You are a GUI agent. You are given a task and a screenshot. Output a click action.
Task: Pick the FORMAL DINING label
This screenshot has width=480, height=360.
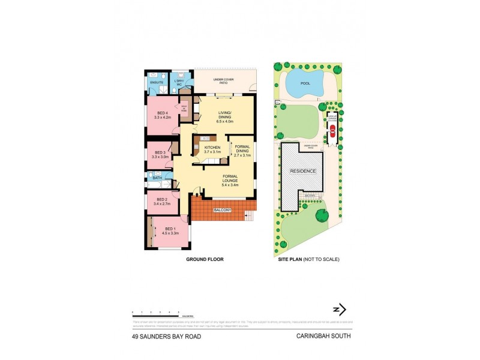pyautogui.click(x=242, y=149)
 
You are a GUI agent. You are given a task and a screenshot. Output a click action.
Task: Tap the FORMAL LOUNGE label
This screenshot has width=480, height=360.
pyautogui.click(x=230, y=179)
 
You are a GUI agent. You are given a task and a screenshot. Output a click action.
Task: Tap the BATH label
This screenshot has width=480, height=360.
pyautogui.click(x=157, y=178)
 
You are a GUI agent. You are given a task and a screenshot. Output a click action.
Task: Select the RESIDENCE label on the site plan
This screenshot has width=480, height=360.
pyautogui.click(x=303, y=171)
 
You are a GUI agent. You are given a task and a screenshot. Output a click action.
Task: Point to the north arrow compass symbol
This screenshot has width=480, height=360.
pyautogui.click(x=340, y=310)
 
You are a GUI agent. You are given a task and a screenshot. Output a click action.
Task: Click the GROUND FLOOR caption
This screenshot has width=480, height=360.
pyautogui.click(x=205, y=260)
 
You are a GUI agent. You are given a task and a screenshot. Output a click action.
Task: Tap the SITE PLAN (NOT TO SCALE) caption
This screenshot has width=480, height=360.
pyautogui.click(x=309, y=260)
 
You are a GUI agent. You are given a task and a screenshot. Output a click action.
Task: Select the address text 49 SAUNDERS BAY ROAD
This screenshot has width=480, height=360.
pyautogui.click(x=166, y=337)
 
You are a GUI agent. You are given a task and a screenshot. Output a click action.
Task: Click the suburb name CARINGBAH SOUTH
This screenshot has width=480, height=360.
pyautogui.click(x=323, y=336)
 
